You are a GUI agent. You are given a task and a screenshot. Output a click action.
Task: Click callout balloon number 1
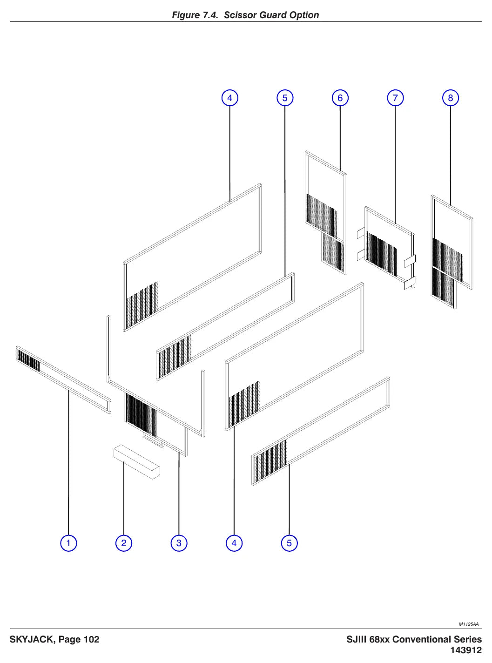[x=68, y=543]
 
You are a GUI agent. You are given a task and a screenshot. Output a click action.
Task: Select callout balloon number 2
[x=124, y=543]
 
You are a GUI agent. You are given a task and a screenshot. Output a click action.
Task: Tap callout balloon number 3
[x=179, y=543]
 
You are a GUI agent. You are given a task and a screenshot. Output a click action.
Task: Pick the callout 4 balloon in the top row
[x=229, y=98]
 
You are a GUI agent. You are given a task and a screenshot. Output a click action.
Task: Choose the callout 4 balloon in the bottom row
[x=234, y=543]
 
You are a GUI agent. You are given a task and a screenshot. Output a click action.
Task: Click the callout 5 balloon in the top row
[x=285, y=98]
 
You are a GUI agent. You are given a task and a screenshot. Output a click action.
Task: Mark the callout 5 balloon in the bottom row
[x=289, y=543]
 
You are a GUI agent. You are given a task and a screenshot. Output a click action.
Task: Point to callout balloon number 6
[x=340, y=98]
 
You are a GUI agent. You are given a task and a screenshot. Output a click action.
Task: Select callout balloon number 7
[x=395, y=98]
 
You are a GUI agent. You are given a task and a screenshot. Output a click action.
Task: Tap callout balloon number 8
[x=451, y=98]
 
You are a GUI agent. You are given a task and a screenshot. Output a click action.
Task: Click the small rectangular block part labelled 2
[x=136, y=462]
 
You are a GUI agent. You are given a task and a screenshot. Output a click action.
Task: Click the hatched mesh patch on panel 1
[x=28, y=360]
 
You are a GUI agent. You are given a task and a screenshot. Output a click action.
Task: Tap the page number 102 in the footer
[x=92, y=639]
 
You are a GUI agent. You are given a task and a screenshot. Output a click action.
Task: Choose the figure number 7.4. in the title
[x=210, y=15]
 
